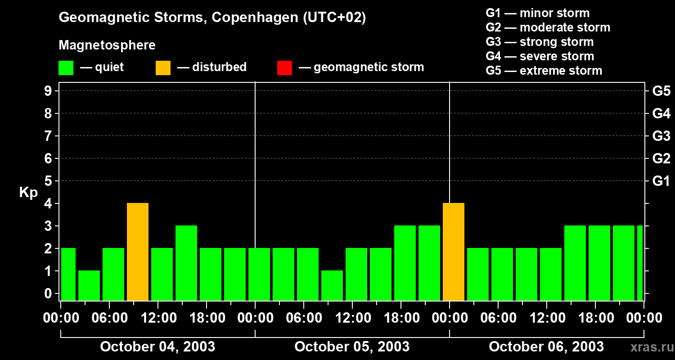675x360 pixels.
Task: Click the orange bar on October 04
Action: pyautogui.click(x=138, y=252)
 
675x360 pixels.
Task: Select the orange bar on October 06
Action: pyautogui.click(x=454, y=252)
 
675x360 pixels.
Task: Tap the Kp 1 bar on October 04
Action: pyautogui.click(x=89, y=286)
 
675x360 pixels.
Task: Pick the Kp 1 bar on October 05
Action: pyautogui.click(x=332, y=286)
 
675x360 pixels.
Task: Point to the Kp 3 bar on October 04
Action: pyautogui.click(x=186, y=263)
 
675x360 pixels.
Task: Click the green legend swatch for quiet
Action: pyautogui.click(x=66, y=68)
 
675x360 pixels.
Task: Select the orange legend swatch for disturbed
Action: pyautogui.click(x=163, y=68)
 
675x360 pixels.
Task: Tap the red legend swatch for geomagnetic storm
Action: pyautogui.click(x=285, y=68)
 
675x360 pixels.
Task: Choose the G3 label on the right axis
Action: pyautogui.click(x=661, y=136)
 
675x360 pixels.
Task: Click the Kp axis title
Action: pyautogui.click(x=28, y=193)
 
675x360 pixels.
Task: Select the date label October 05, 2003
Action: pyautogui.click(x=352, y=347)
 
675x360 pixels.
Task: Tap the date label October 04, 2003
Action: pyautogui.click(x=157, y=347)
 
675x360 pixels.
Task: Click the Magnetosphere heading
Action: pyautogui.click(x=107, y=45)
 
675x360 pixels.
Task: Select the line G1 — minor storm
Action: pyautogui.click(x=538, y=13)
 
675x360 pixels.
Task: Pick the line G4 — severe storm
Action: pyautogui.click(x=540, y=56)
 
